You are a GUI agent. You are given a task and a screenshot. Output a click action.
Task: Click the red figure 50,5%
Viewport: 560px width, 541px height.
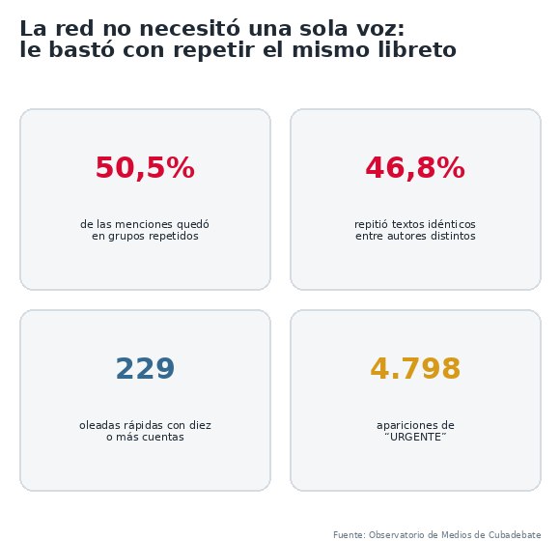[x=145, y=167]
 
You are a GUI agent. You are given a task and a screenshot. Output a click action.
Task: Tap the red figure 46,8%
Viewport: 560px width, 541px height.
[x=415, y=167]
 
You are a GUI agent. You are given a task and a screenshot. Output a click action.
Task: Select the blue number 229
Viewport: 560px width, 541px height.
[x=145, y=368]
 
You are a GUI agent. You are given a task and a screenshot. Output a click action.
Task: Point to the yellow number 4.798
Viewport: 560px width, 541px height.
[x=415, y=368]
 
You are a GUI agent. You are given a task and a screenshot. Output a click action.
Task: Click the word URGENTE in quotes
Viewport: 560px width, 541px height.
[x=415, y=437]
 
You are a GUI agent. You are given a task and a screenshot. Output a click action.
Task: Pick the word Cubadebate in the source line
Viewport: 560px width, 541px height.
[x=515, y=535]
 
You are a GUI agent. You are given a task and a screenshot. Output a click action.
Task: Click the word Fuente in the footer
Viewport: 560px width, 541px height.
[x=349, y=535]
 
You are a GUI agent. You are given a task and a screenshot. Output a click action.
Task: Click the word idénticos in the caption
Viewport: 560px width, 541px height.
[x=452, y=224]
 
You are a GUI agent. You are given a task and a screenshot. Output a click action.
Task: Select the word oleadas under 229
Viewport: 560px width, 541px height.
[x=99, y=425]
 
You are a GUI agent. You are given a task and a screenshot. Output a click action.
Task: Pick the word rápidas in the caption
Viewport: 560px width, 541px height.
[x=144, y=426]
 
